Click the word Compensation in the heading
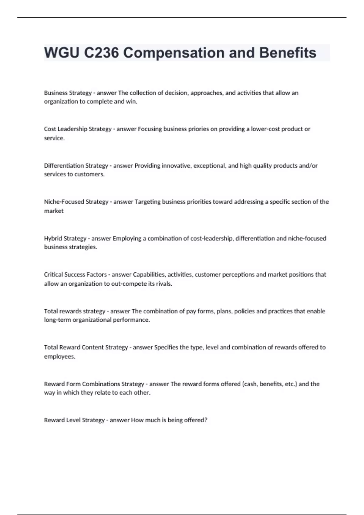[174, 53]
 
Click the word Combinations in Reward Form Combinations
[101, 384]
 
